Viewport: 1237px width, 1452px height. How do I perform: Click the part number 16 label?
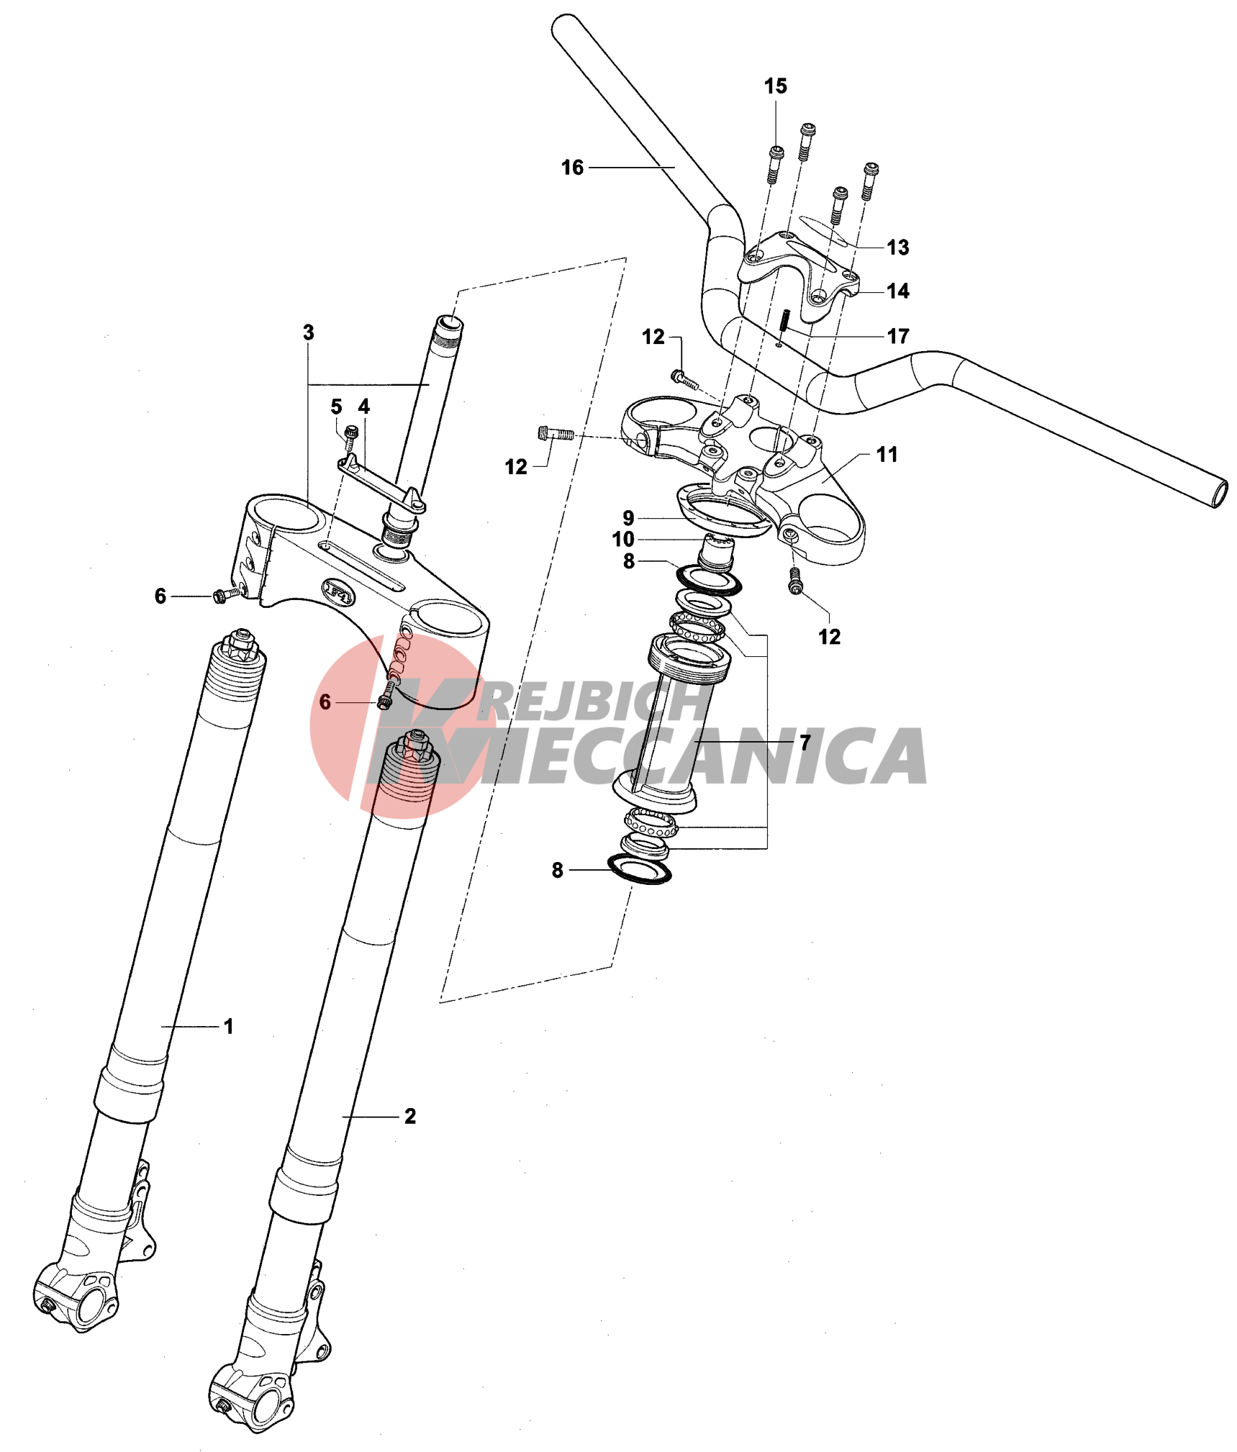point(572,168)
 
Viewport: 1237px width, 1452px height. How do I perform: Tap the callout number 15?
point(775,86)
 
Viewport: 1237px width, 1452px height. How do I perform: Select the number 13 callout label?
point(897,248)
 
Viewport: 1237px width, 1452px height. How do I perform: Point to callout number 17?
point(897,336)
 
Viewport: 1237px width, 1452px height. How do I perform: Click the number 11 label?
point(887,455)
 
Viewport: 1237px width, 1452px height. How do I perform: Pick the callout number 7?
point(805,742)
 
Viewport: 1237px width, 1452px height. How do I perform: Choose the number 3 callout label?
point(309,332)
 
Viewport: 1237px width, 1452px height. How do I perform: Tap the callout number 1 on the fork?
point(229,1026)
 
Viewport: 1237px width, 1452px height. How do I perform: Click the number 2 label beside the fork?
point(410,1116)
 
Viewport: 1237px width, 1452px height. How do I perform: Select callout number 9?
point(628,518)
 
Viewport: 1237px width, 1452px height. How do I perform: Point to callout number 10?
point(623,540)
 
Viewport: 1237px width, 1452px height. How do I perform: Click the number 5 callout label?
point(336,407)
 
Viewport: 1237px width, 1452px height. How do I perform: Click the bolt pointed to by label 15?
point(775,165)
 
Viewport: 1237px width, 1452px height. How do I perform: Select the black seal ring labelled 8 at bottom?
point(640,869)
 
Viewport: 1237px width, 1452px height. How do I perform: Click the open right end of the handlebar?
point(1218,494)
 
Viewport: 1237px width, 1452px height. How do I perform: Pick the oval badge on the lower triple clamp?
point(338,591)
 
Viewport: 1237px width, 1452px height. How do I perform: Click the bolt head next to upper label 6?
point(220,596)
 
